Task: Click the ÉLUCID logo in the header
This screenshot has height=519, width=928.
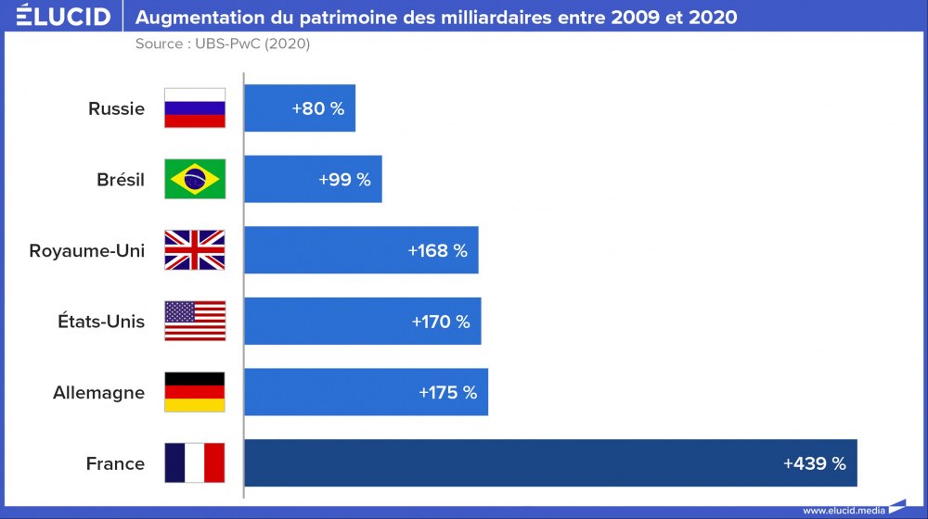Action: pyautogui.click(x=63, y=17)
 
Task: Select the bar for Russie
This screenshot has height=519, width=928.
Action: pyautogui.click(x=299, y=108)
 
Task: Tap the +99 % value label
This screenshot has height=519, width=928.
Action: pyautogui.click(x=344, y=180)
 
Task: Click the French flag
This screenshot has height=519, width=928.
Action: pyautogui.click(x=195, y=462)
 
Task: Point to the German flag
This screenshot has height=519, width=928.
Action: pyautogui.click(x=195, y=392)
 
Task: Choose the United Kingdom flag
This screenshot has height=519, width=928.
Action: pyautogui.click(x=195, y=250)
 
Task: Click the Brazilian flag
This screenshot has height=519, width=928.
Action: pyautogui.click(x=195, y=180)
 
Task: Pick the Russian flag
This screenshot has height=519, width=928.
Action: pyautogui.click(x=195, y=108)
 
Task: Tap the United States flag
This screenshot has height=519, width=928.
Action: pyautogui.click(x=195, y=322)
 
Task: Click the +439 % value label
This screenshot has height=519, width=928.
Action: pyautogui.click(x=814, y=463)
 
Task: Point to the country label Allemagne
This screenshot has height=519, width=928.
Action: pyautogui.click(x=98, y=393)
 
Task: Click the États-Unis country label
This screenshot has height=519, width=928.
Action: pyautogui.click(x=100, y=322)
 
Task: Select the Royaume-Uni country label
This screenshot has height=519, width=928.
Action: pyautogui.click(x=87, y=251)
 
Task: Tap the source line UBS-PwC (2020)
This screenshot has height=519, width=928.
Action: pyautogui.click(x=223, y=44)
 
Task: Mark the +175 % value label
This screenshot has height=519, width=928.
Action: pyautogui.click(x=447, y=393)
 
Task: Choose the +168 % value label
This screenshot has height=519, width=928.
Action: pyautogui.click(x=437, y=251)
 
